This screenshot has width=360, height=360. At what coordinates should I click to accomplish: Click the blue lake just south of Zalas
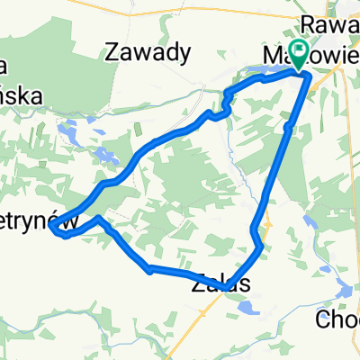click(x=245, y=308)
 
